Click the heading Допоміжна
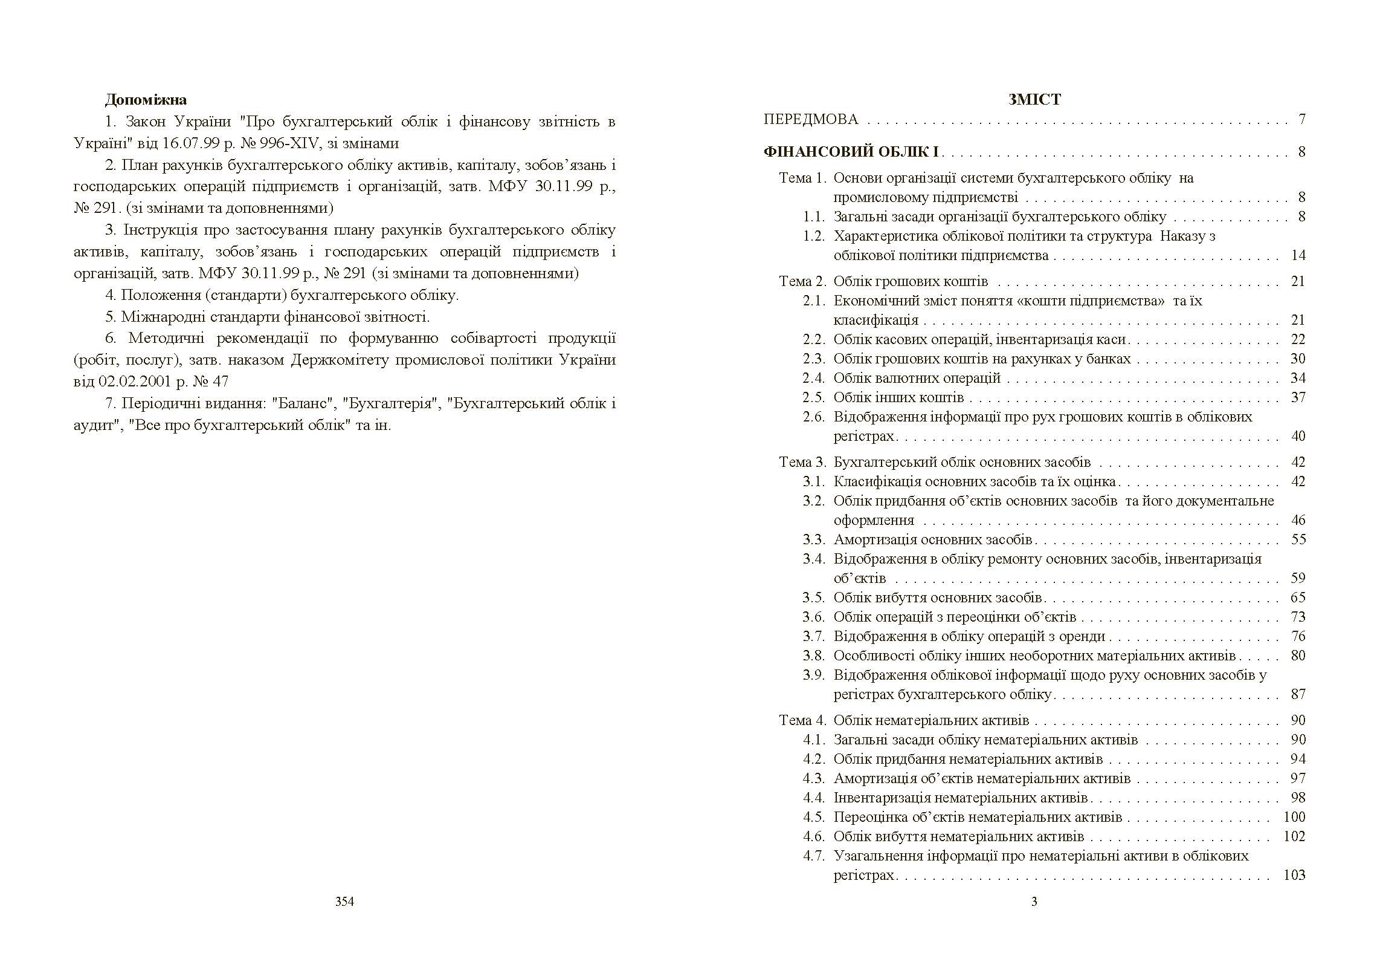[146, 100]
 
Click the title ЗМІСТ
[1034, 100]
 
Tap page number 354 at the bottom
[344, 902]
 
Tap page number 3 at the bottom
[1034, 902]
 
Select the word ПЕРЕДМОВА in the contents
[810, 119]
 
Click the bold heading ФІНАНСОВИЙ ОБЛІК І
[851, 152]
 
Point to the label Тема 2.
[802, 281]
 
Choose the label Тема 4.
[802, 720]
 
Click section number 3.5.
[813, 597]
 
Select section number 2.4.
[813, 378]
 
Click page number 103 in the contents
[1294, 875]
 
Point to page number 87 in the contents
[1298, 694]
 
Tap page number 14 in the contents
[1298, 255]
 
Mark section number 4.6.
[813, 836]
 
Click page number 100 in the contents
[1294, 817]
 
